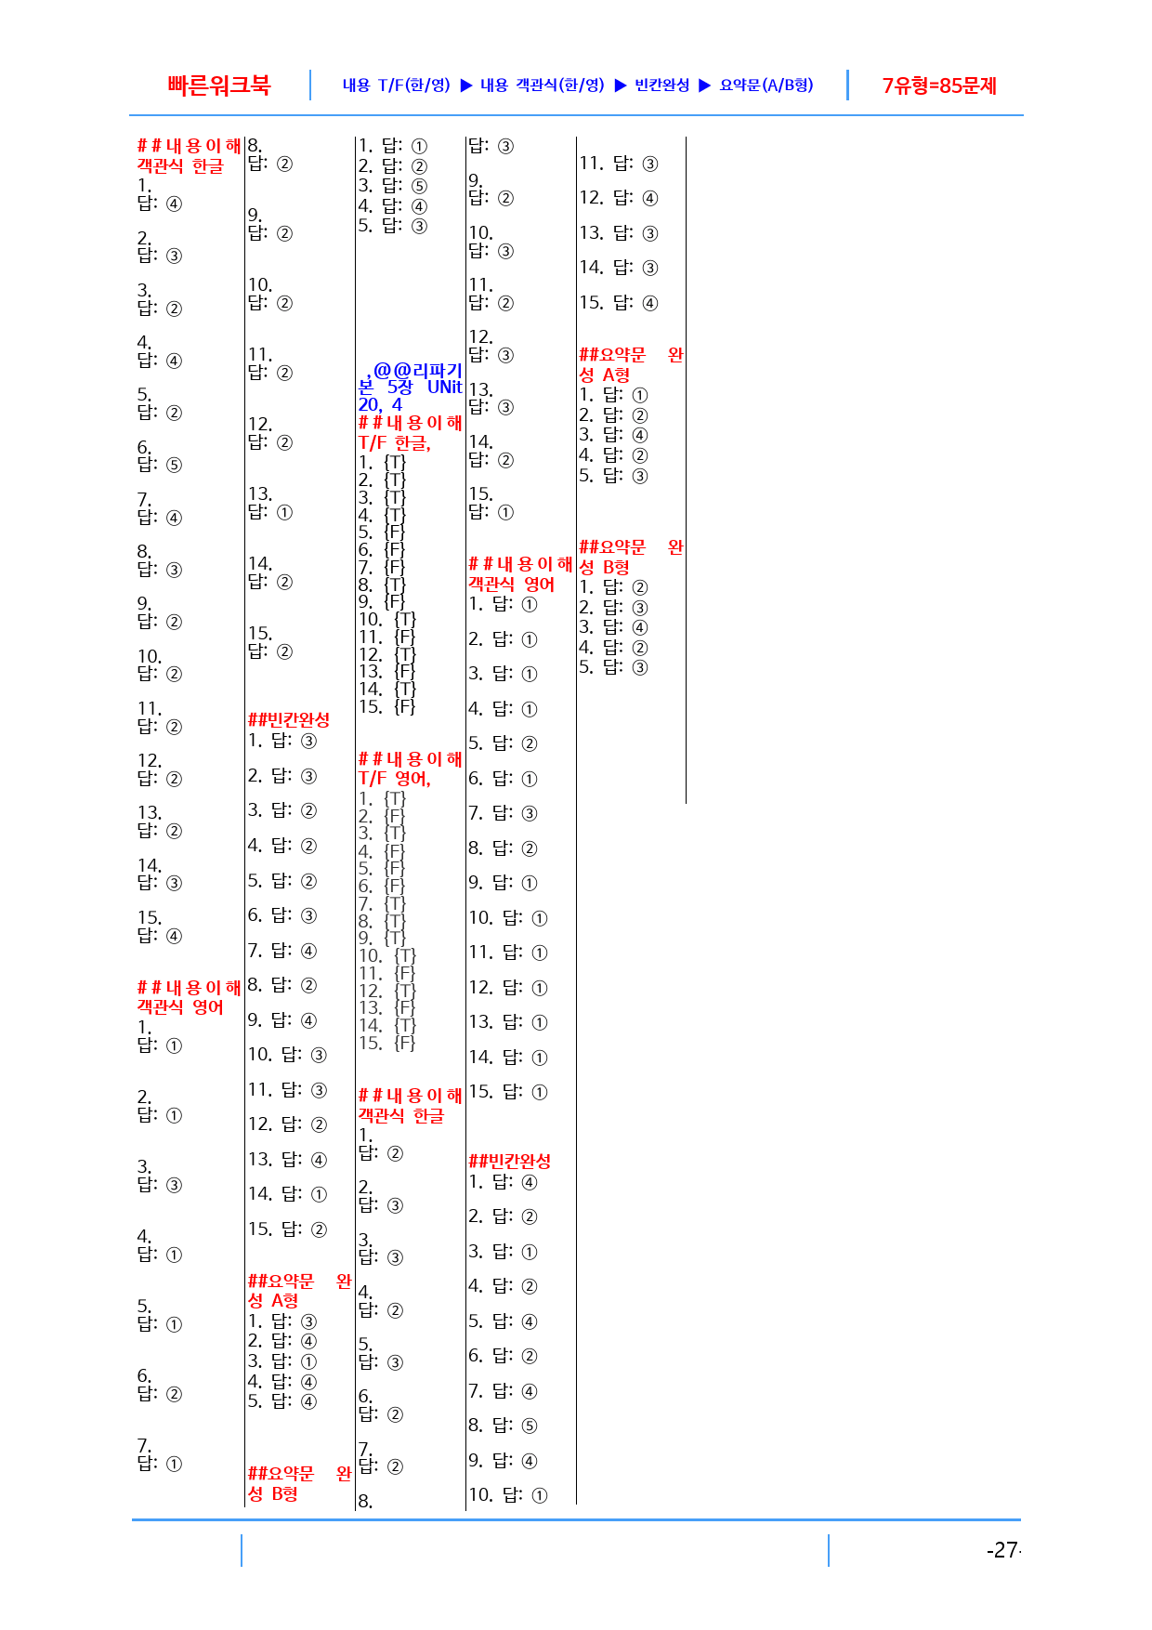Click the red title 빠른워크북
click(x=219, y=85)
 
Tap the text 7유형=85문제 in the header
click(x=939, y=85)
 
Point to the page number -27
click(x=1003, y=1550)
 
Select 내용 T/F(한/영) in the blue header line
click(x=397, y=85)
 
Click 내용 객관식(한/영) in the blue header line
click(x=543, y=85)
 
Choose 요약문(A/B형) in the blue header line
click(x=766, y=85)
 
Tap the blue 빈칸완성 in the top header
click(x=662, y=85)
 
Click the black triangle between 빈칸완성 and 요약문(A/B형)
click(x=705, y=85)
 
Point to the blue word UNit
click(x=445, y=387)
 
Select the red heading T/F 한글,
click(x=395, y=442)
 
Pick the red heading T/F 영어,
click(x=395, y=778)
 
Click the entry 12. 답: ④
click(x=619, y=198)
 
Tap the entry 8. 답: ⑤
click(x=503, y=1426)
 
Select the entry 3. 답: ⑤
click(x=393, y=186)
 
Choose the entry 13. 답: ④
click(x=287, y=1160)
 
